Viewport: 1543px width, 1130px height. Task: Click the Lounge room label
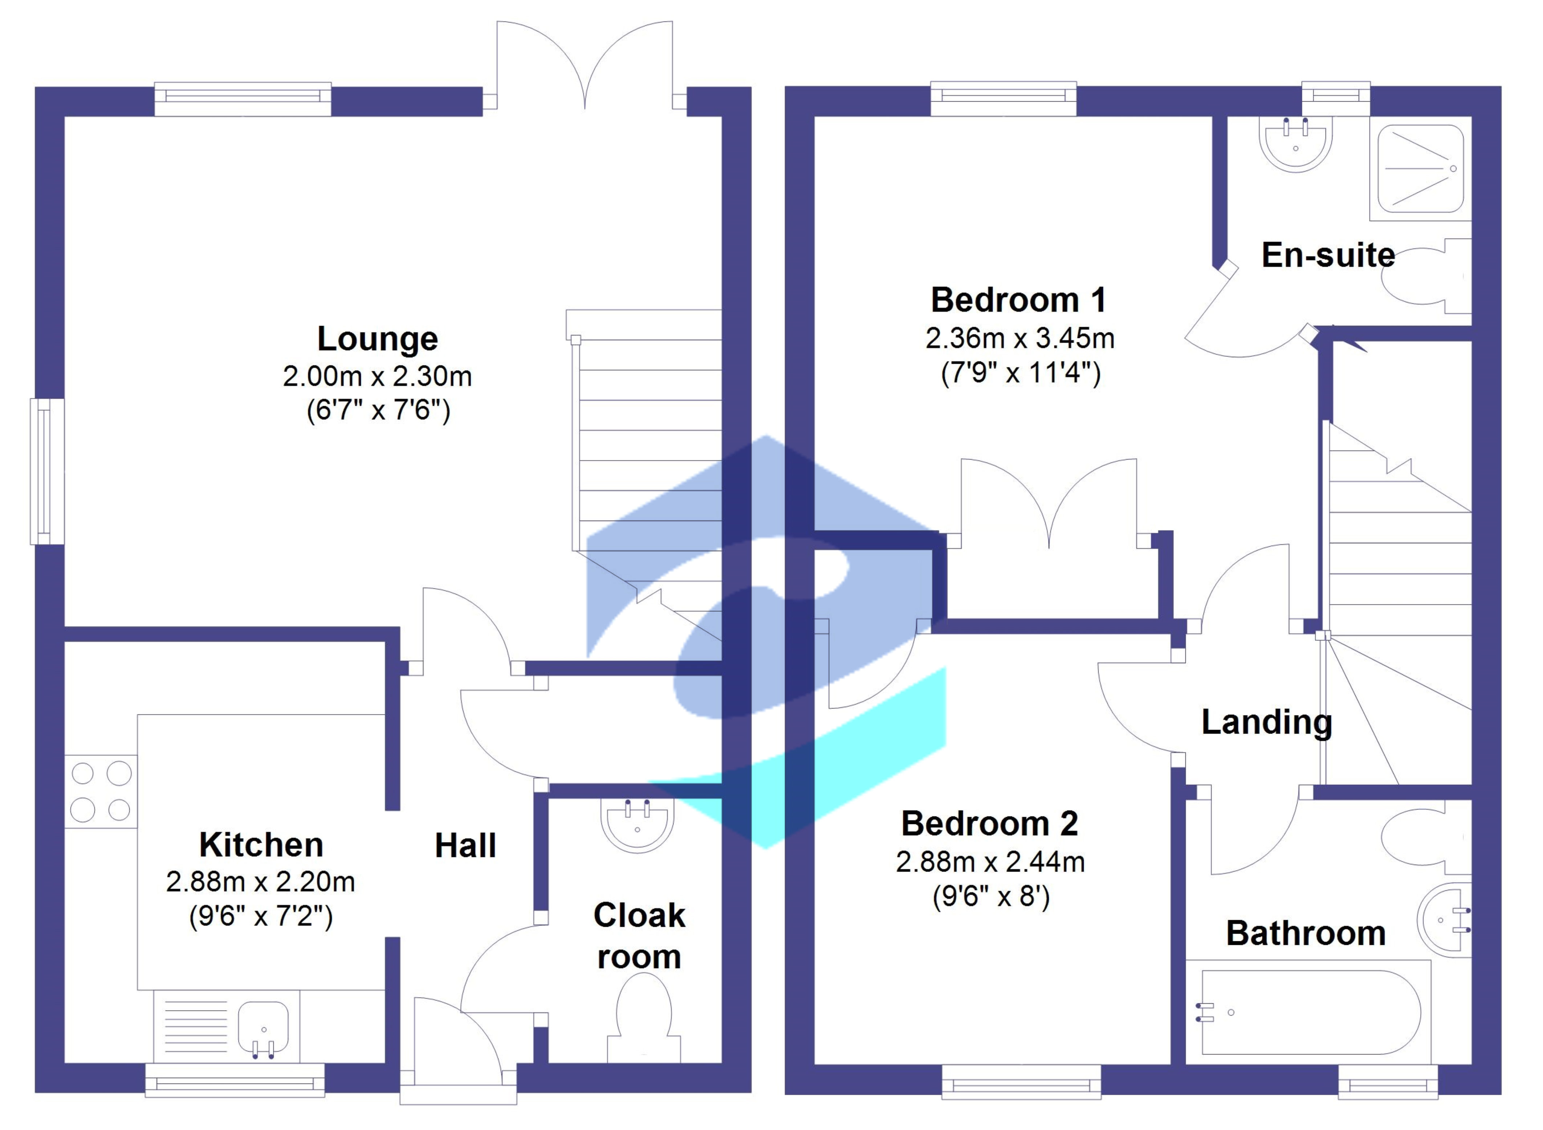[x=378, y=339]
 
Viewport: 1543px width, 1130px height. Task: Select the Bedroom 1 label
[x=1018, y=300]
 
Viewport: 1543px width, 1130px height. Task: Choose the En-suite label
[x=1328, y=255]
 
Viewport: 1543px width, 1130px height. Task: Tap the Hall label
[x=465, y=846]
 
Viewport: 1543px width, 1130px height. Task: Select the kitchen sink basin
[x=263, y=1027]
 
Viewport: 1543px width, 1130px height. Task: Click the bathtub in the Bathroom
[x=1308, y=1012]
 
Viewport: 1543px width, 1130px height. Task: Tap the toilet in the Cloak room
[x=644, y=1018]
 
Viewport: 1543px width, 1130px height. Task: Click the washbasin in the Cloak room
[x=637, y=825]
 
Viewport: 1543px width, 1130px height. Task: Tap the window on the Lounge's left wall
[x=46, y=472]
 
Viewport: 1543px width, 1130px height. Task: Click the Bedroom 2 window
[x=1021, y=1082]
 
